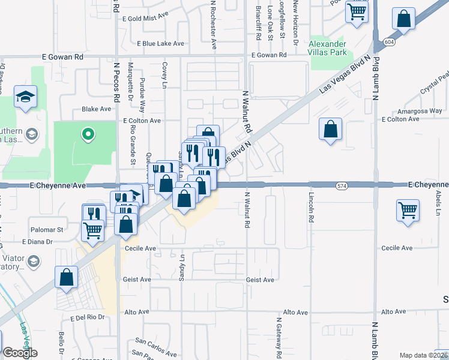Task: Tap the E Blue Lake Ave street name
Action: click(161, 44)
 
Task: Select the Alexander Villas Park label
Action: click(328, 48)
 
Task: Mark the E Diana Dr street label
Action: click(38, 242)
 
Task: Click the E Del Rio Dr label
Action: click(87, 317)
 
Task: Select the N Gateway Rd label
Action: click(279, 336)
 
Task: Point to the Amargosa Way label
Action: click(420, 111)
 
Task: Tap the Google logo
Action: click(20, 353)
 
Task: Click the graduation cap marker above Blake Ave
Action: click(26, 97)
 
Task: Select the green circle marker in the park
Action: click(88, 134)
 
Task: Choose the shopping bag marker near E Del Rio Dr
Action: click(66, 277)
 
